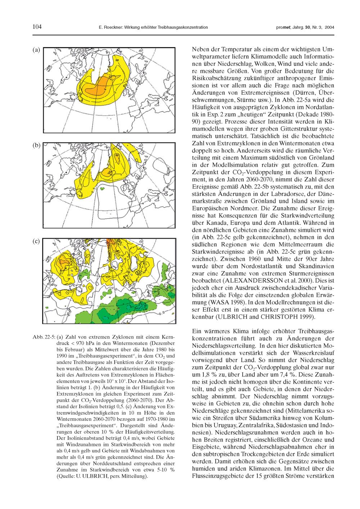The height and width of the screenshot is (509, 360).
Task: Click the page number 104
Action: point(37,27)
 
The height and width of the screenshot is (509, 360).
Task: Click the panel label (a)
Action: point(36,50)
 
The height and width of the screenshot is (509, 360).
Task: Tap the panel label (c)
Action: point(36,242)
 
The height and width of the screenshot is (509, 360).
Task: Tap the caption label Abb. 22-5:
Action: point(44,337)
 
